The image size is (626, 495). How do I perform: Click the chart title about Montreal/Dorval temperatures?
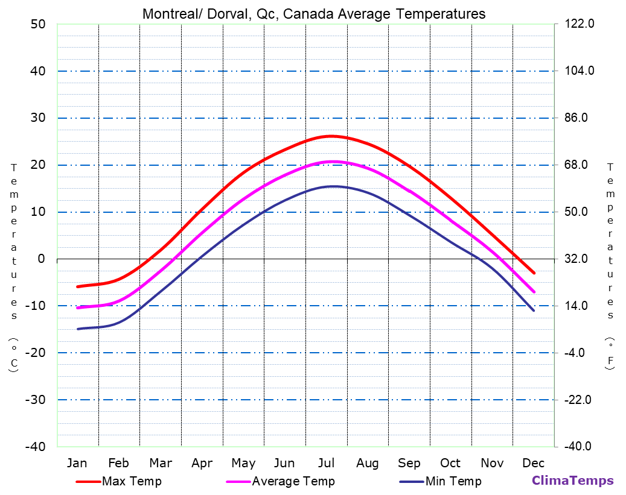313,14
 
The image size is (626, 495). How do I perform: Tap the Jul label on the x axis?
327,463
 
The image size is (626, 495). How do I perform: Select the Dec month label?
534,463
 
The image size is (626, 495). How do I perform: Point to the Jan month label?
77,463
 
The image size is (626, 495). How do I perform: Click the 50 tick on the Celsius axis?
37,24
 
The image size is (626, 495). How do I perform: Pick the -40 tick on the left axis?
35,447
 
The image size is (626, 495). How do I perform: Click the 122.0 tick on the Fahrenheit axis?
579,24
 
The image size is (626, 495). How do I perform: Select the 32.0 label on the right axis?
579,259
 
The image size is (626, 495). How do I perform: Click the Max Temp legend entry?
132,481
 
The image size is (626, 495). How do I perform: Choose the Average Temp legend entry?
293,481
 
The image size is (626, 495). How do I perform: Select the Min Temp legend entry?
453,481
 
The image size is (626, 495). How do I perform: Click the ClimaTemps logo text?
572,481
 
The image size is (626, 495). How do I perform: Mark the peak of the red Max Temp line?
331,136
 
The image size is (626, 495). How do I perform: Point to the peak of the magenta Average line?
333,162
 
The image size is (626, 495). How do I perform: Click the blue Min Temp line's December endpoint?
534,311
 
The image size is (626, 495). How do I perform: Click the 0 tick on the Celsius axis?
41,259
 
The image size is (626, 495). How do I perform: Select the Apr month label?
202,463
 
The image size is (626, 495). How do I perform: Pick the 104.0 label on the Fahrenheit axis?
579,71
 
